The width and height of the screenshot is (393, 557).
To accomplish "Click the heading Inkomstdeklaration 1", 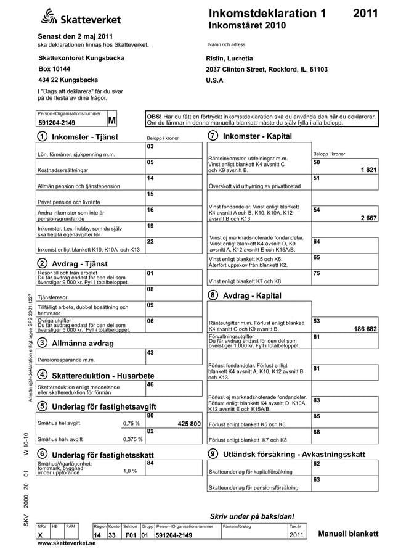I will [267, 14].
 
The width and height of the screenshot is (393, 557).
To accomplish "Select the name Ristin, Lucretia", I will [229, 58].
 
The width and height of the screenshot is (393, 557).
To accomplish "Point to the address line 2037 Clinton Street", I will [267, 69].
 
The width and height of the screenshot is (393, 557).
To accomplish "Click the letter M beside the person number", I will [112, 120].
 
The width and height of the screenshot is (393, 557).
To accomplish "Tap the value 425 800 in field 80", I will [189, 424].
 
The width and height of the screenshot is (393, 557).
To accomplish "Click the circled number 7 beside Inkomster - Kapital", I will [213, 136].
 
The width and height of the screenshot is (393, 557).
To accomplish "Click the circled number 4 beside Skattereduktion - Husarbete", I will [43, 375].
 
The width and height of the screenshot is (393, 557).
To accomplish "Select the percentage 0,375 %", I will [132, 439].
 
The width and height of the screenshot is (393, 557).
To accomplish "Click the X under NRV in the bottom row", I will [40, 535].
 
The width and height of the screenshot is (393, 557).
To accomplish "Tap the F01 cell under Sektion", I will [130, 535].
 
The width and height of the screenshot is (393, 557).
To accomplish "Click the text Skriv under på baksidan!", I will [252, 516].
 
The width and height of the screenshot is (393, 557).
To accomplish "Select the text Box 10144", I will [54, 69].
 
